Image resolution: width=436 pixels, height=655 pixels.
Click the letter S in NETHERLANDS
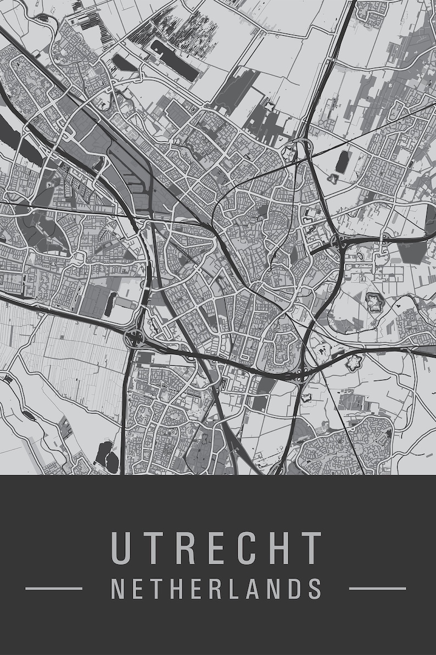pos(314,588)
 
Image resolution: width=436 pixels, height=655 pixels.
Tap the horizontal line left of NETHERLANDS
pos(54,588)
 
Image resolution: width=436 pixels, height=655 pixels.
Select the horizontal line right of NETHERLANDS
pos(378,588)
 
